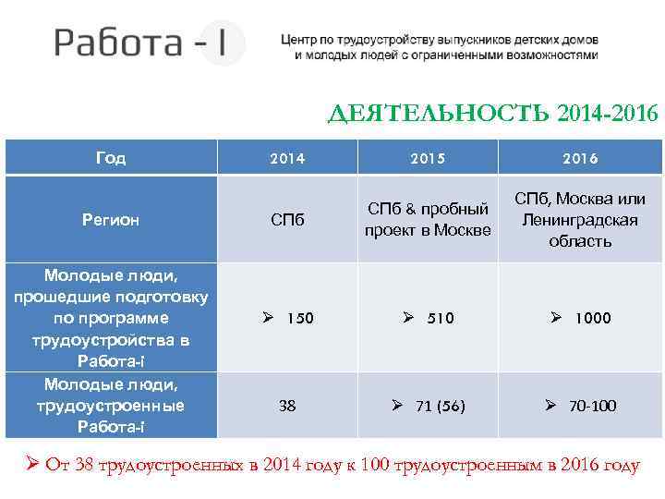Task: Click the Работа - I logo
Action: coord(148,43)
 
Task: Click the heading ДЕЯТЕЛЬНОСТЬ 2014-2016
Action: coord(494,114)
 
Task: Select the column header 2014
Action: coord(287,158)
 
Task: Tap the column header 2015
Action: coord(427,158)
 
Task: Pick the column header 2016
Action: coord(579,158)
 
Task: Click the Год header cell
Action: coord(111,158)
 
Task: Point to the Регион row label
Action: coord(111,220)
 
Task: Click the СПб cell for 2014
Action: coord(287,221)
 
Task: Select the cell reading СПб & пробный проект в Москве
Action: coord(427,220)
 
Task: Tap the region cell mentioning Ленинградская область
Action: coord(579,220)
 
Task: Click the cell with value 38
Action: coord(287,406)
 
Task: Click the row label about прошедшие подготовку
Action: coord(111,318)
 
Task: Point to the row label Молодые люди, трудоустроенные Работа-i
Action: coord(111,406)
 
